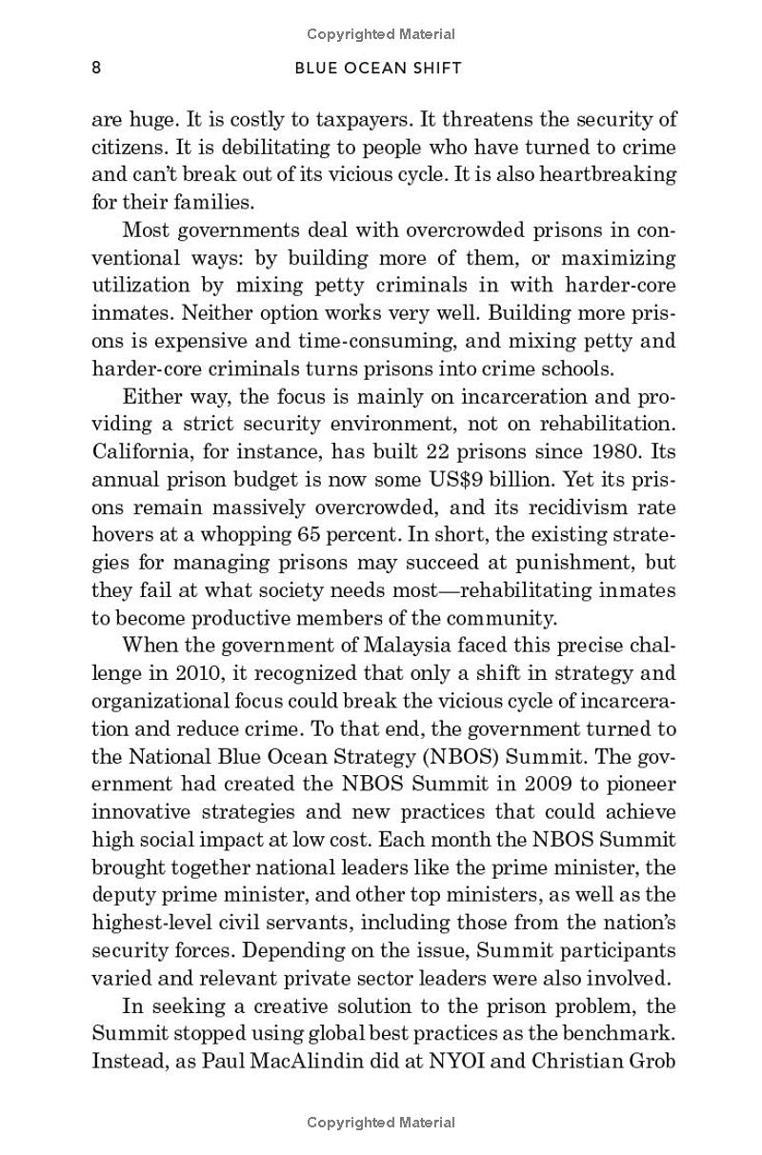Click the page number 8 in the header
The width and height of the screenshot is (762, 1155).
[x=96, y=68]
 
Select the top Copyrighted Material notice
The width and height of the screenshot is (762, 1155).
[x=381, y=34]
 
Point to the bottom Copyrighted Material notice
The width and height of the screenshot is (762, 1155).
[x=381, y=1123]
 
